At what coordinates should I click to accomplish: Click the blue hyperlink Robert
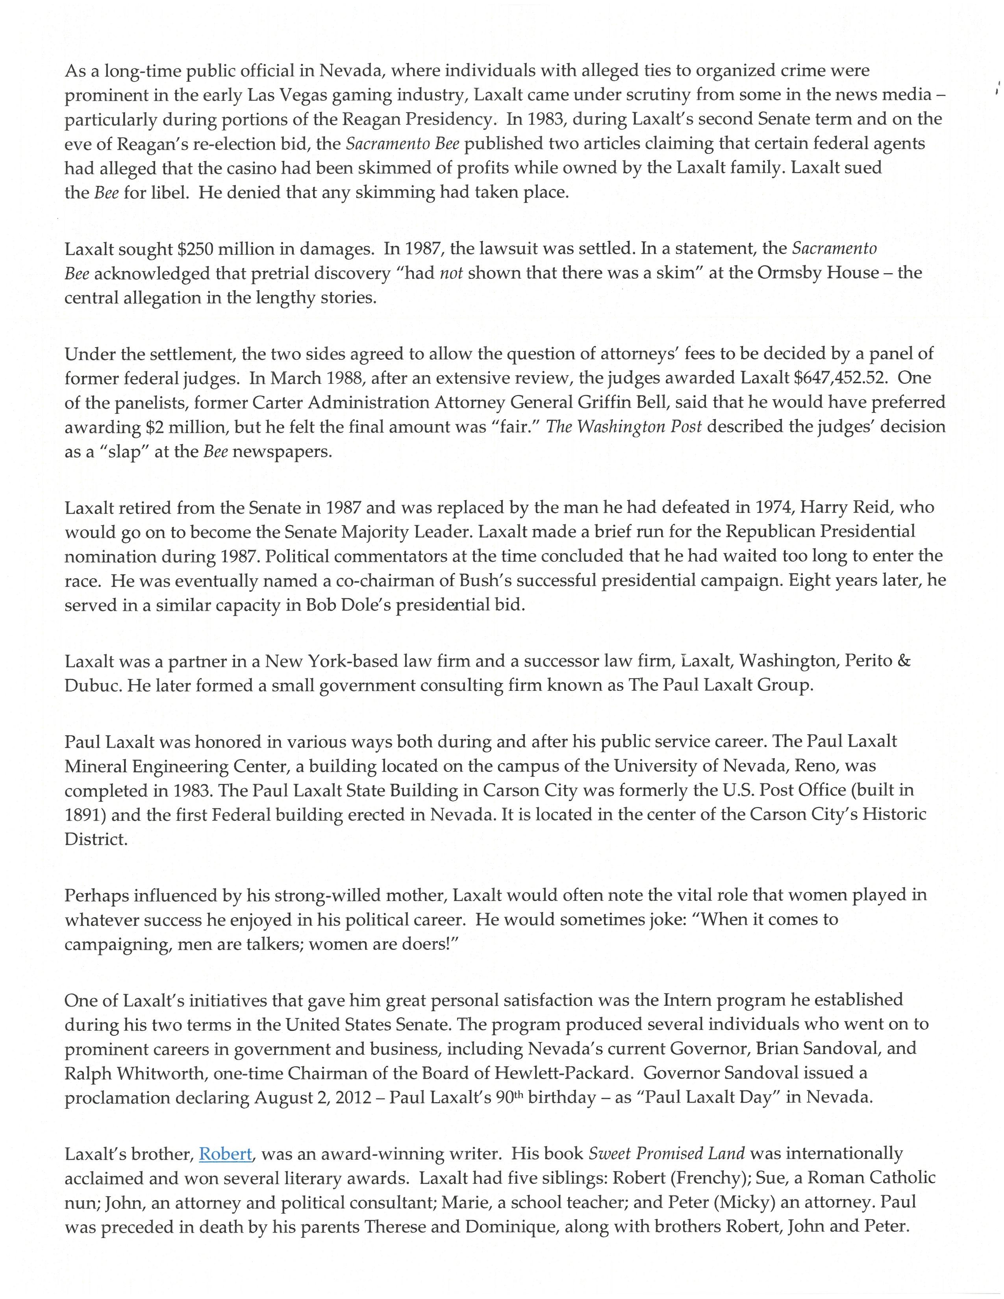coord(226,1154)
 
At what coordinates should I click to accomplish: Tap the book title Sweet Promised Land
coord(666,1154)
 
